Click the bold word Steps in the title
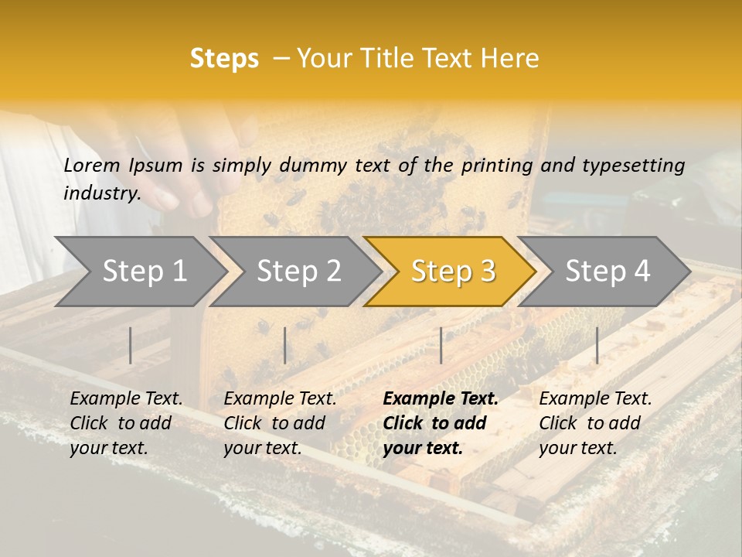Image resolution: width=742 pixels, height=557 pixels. (x=224, y=59)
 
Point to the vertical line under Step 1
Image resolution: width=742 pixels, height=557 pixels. (x=131, y=345)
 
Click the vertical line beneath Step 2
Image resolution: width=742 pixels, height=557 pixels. (x=285, y=345)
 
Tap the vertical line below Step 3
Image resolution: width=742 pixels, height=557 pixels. (x=441, y=345)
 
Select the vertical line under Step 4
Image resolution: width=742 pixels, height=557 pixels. (x=597, y=345)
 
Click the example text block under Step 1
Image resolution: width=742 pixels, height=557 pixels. (x=126, y=423)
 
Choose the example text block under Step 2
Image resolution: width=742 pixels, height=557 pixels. (x=280, y=423)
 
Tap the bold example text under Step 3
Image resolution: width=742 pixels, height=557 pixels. (x=440, y=423)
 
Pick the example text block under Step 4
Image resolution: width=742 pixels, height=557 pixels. (x=595, y=423)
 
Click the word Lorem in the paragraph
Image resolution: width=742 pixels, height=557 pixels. (x=92, y=166)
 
